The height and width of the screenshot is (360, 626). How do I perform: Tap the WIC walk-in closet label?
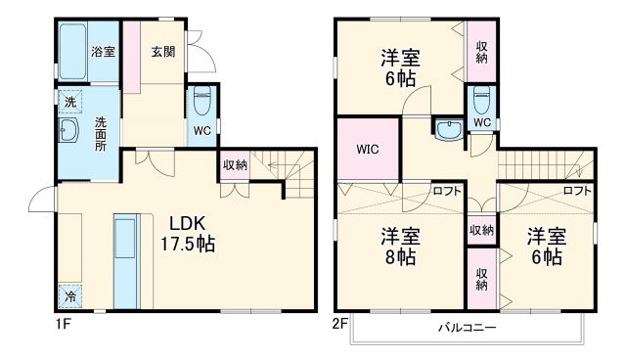click(x=367, y=150)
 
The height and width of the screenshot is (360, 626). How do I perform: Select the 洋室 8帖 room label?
click(x=399, y=247)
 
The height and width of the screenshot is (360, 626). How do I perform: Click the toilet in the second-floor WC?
click(x=480, y=101)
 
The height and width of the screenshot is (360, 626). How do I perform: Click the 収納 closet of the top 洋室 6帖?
click(x=481, y=52)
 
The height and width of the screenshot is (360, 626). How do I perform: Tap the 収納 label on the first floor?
click(x=235, y=165)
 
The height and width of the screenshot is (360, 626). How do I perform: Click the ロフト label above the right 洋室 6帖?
click(x=577, y=192)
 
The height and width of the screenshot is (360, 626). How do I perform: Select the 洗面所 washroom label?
click(x=101, y=134)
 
